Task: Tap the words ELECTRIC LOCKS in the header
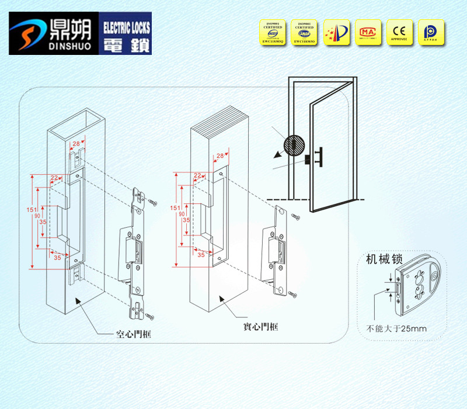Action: tap(126, 26)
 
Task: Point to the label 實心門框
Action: tap(260, 328)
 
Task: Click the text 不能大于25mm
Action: tap(396, 328)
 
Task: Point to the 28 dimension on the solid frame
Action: tap(220, 156)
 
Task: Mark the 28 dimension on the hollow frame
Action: tap(76, 144)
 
